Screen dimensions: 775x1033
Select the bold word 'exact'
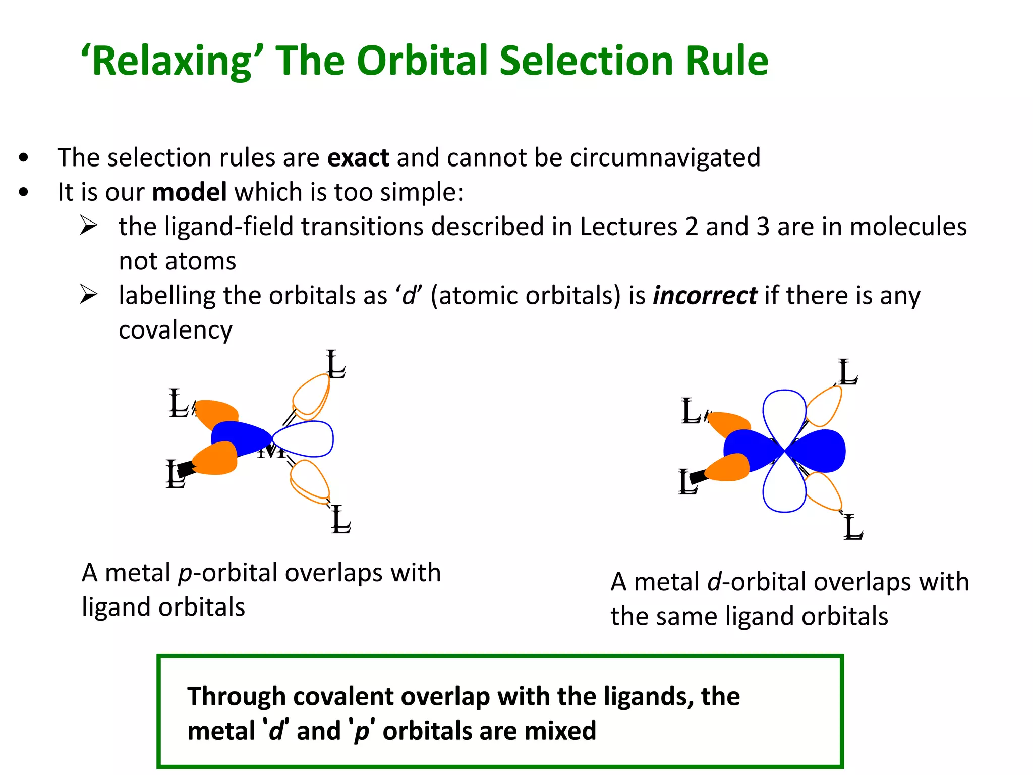point(358,158)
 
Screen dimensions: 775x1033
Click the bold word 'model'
point(189,193)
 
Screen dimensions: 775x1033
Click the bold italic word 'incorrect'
point(705,296)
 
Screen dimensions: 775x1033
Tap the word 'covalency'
point(176,330)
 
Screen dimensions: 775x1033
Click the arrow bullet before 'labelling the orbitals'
point(88,295)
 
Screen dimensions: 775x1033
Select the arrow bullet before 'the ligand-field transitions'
point(88,226)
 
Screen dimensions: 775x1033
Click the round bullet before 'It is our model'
point(23,192)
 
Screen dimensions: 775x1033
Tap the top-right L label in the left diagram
point(335,364)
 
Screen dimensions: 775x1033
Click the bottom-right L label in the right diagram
point(853,527)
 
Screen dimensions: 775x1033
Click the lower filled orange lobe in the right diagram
point(728,468)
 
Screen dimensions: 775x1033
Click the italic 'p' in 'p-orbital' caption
point(185,574)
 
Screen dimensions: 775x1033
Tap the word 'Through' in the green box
point(236,697)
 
